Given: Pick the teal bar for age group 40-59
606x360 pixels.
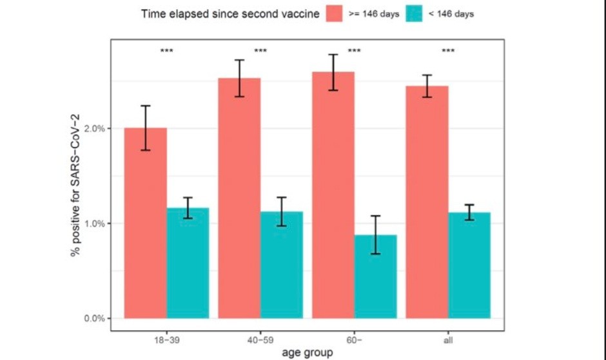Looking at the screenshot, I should click(281, 265).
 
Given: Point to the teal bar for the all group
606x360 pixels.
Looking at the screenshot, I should click(469, 265).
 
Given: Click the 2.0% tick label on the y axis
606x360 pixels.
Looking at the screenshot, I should click(95, 128).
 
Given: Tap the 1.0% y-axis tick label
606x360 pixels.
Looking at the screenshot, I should click(95, 223).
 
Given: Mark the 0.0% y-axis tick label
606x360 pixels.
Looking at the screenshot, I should click(95, 318).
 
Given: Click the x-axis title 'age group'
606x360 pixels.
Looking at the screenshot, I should click(307, 352).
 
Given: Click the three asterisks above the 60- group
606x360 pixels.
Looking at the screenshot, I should click(354, 51).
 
